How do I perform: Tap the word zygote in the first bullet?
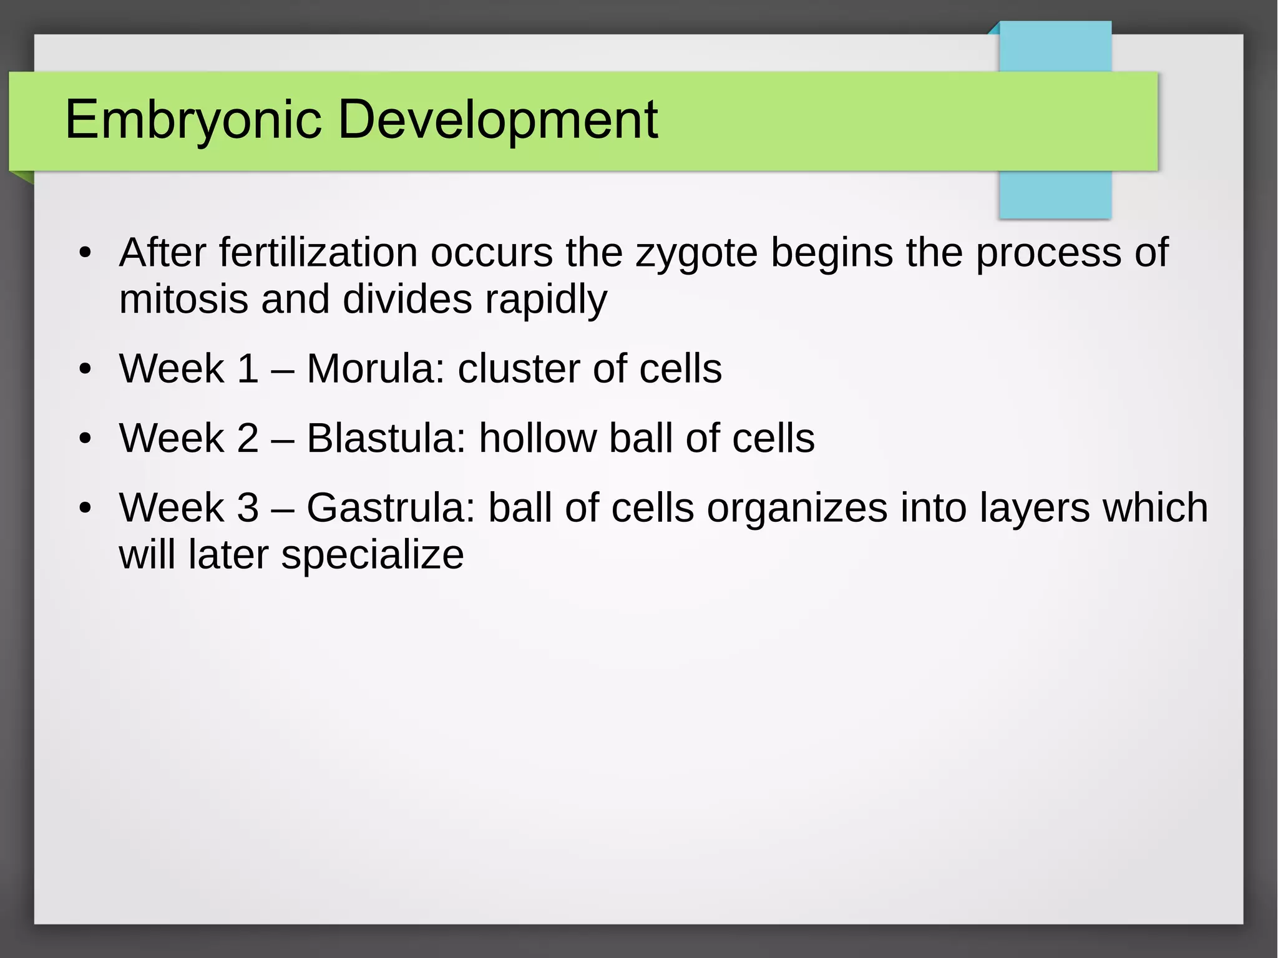coord(696,253)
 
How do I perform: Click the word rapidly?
coord(546,300)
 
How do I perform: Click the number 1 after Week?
coord(248,368)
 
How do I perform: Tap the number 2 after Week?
coord(248,438)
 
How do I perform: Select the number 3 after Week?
coord(248,507)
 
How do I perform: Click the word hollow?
coord(537,438)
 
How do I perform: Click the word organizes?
coord(797,509)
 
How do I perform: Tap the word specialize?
coord(372,555)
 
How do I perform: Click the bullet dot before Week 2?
coord(85,439)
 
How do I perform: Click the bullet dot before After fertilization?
coord(85,254)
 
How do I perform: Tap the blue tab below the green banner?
coord(1055,194)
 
